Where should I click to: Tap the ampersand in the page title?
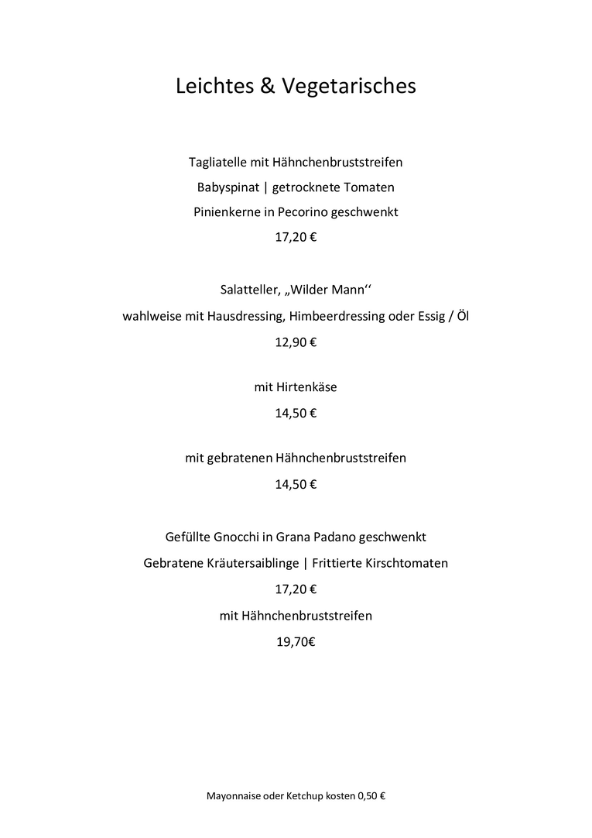click(267, 85)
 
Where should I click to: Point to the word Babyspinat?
click(228, 187)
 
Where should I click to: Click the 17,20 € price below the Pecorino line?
click(296, 237)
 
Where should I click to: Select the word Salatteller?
click(252, 290)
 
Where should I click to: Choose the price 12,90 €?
click(296, 342)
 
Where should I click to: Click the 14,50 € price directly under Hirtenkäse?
click(296, 413)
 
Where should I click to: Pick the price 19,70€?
click(296, 641)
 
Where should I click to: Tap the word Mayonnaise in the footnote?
click(234, 796)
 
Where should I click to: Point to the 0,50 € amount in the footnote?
click(371, 796)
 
